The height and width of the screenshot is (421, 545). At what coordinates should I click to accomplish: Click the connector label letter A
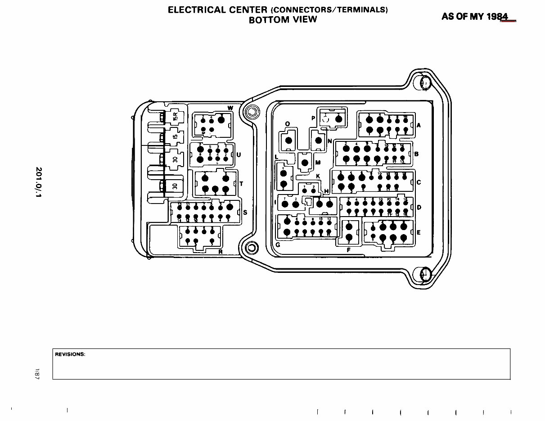pos(419,126)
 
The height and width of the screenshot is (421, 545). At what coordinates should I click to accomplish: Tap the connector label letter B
pos(416,154)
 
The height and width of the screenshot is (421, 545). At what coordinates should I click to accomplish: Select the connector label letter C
pos(419,182)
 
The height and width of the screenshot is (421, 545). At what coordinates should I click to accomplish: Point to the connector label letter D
pos(419,208)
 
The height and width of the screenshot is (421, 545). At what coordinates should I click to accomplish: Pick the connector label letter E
pos(419,232)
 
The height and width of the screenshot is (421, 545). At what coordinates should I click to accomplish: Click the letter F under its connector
pos(349,249)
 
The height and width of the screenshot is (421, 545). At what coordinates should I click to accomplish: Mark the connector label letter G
pos(278,245)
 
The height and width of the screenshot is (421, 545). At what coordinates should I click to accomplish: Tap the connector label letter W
pos(230,108)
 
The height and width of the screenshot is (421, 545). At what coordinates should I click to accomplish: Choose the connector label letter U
pos(239,155)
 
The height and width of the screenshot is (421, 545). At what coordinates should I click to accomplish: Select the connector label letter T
pos(241,184)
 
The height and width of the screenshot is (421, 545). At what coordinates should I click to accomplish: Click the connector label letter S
pos(245,212)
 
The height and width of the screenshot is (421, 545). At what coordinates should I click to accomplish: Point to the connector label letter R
pos(221,252)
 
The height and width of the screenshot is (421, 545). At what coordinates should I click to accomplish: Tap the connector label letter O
pos(288,124)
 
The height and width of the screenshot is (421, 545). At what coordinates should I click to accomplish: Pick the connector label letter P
pos(313,118)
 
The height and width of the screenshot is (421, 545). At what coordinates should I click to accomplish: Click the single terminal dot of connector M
pos(305,163)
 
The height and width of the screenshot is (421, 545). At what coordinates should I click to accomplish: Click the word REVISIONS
pos(70,354)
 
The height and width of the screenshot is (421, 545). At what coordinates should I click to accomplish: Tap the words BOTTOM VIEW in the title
pos(283,20)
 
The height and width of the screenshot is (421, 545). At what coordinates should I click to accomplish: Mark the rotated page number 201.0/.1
pos(39,182)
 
